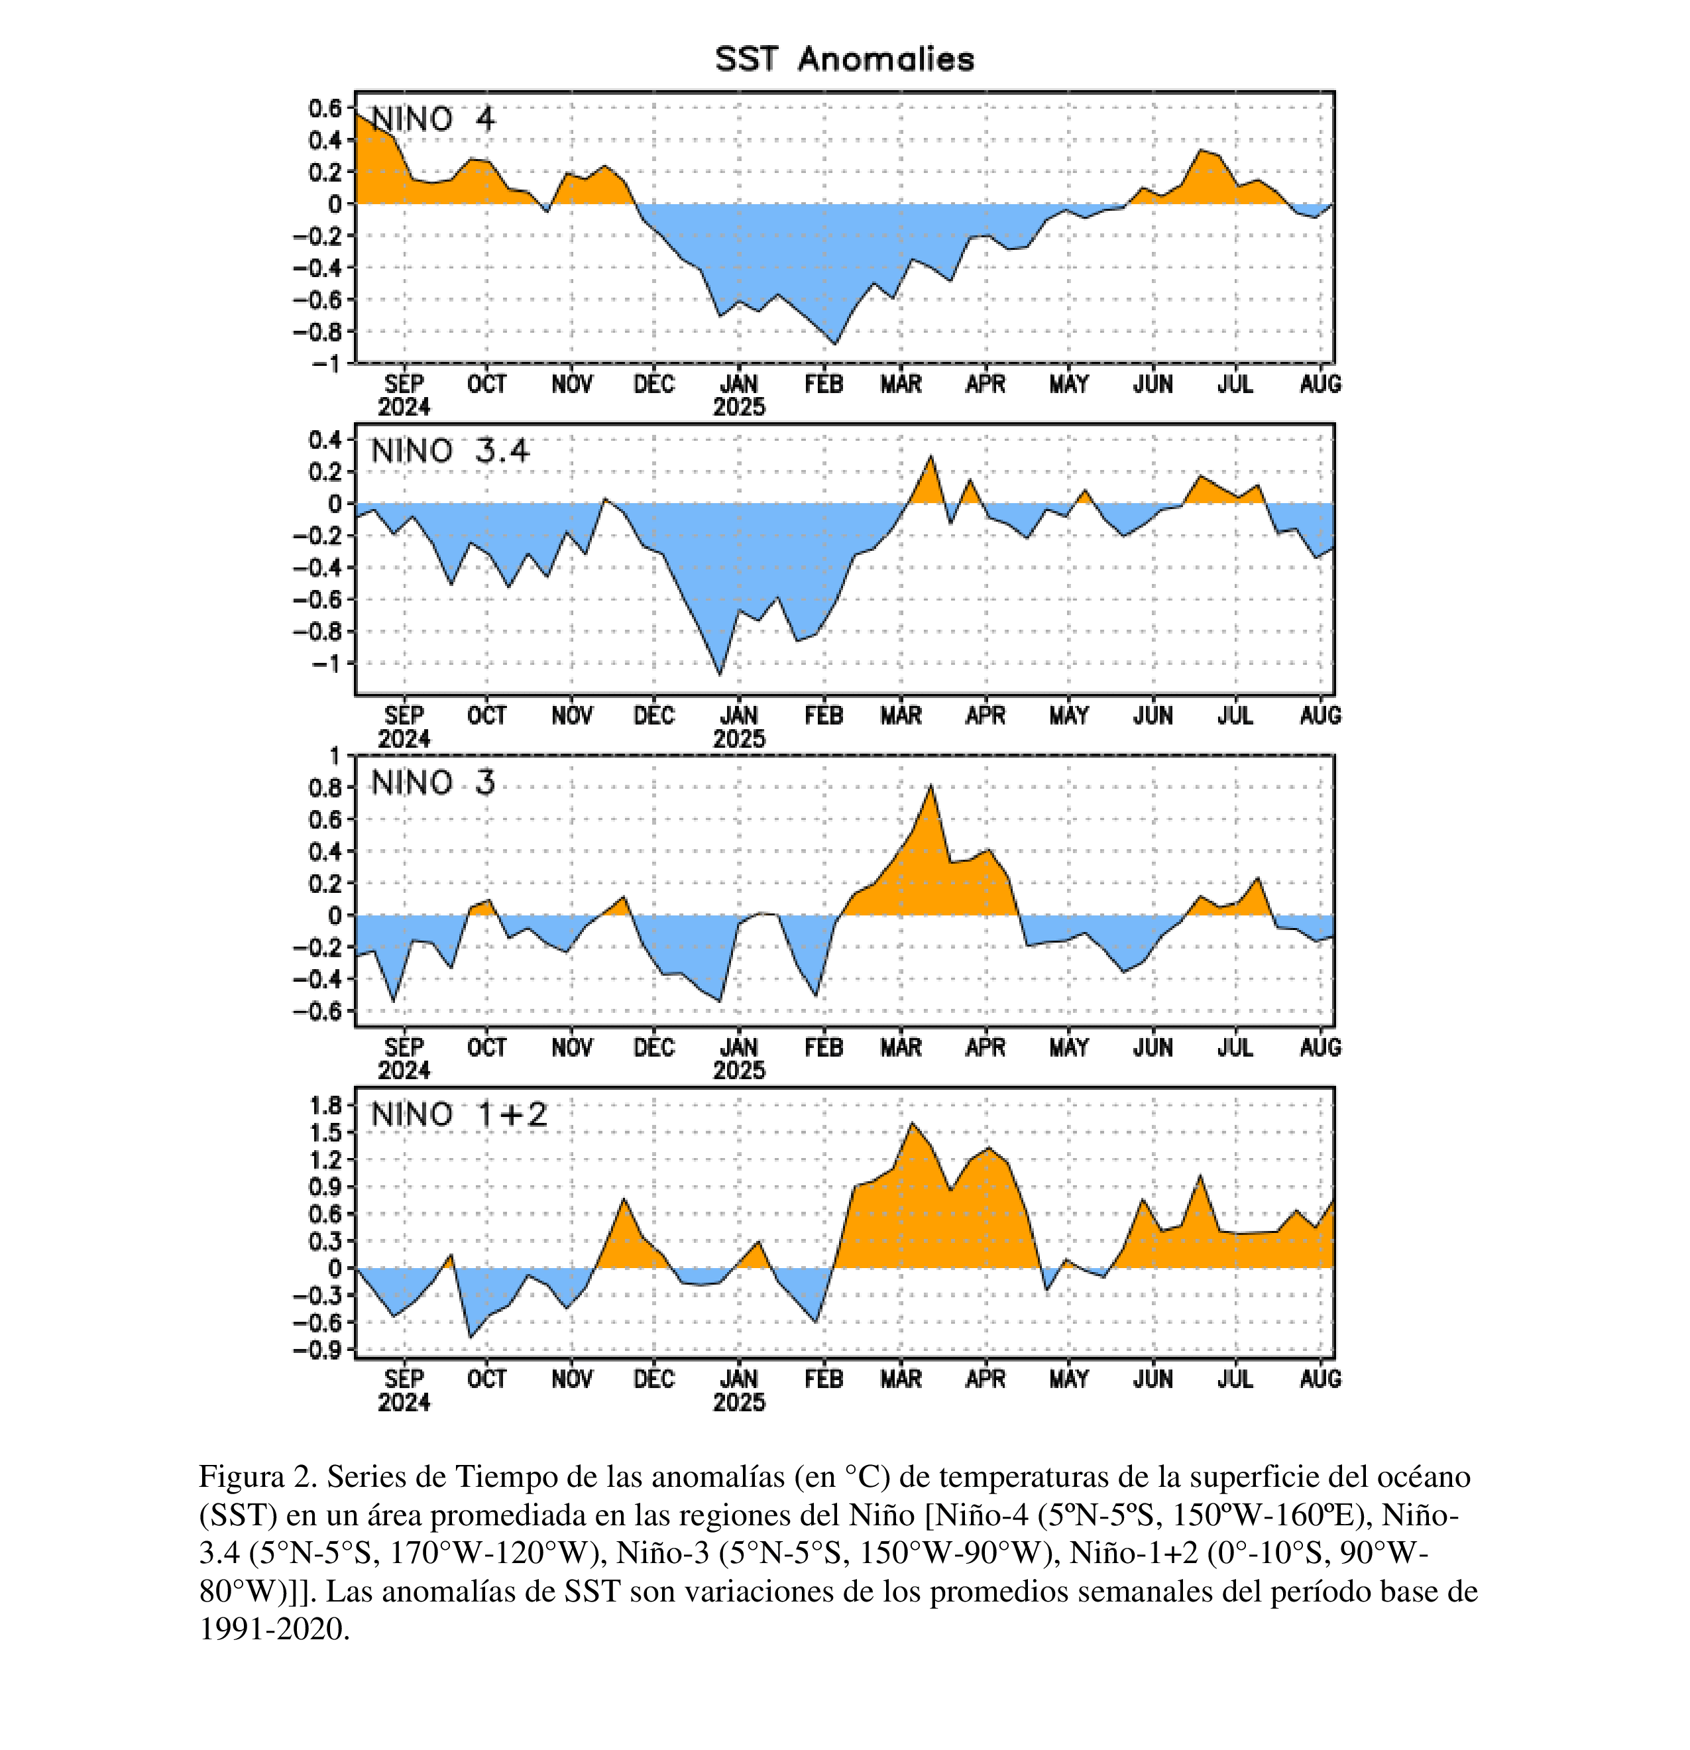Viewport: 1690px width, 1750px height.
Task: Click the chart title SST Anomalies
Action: [x=844, y=59]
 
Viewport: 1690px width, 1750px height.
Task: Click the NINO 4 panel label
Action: [x=432, y=119]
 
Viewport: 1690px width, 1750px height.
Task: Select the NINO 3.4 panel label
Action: [x=450, y=451]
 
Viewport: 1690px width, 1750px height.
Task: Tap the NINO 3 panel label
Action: [x=432, y=783]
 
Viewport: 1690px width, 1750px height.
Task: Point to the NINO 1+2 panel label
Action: [x=459, y=1114]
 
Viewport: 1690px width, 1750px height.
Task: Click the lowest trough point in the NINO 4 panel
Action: [x=835, y=344]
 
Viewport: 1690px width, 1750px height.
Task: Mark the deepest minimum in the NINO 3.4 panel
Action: [x=720, y=674]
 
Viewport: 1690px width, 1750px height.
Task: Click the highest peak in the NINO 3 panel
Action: [x=931, y=786]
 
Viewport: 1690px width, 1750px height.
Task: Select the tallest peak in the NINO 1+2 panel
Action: [x=911, y=1123]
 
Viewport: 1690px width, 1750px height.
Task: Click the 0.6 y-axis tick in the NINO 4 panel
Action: [x=325, y=108]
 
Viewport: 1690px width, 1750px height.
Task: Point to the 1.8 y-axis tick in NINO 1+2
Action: [x=325, y=1106]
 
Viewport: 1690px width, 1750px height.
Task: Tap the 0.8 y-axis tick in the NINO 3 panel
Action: [x=325, y=787]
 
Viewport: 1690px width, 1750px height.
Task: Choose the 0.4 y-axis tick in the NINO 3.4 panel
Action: [x=325, y=439]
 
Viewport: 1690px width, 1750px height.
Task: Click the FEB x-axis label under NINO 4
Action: [x=823, y=384]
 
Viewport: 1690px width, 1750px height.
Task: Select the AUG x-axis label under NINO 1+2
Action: [x=1320, y=1379]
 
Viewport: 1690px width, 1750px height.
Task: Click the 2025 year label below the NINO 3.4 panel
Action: [x=738, y=738]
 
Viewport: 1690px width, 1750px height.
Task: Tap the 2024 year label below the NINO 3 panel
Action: [x=404, y=1071]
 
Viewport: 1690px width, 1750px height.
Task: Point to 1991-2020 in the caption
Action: [x=273, y=1629]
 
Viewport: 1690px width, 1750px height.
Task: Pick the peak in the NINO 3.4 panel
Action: [x=931, y=456]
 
